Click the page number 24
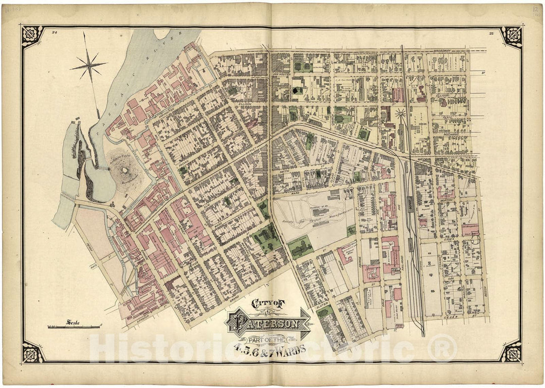[x=53, y=32]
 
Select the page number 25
[x=491, y=33]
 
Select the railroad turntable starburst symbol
[x=401, y=114]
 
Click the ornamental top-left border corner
[x=32, y=36]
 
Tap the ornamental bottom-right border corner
[x=511, y=351]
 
